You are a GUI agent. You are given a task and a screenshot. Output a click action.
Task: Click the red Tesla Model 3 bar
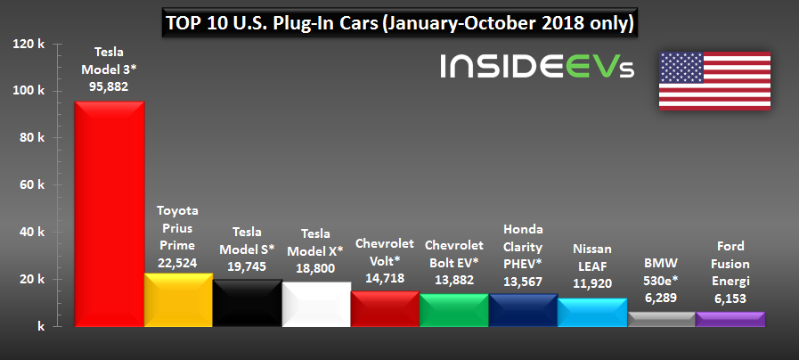(x=109, y=214)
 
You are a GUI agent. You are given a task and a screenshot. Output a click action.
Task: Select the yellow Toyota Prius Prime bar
(x=178, y=300)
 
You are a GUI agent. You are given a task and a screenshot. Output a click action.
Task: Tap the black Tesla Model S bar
(x=248, y=304)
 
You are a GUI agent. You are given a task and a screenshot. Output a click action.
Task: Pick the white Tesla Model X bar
(x=316, y=305)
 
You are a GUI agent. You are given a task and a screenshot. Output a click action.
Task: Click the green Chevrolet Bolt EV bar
(x=454, y=310)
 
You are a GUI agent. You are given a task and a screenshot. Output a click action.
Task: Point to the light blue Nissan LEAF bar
(x=591, y=313)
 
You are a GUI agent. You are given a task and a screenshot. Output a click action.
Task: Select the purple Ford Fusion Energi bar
(x=730, y=319)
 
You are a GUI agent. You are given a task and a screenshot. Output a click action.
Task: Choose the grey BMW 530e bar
(x=661, y=319)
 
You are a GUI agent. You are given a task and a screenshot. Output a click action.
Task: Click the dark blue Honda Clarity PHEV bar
(x=523, y=310)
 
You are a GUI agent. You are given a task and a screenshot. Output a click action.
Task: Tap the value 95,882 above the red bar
(x=109, y=86)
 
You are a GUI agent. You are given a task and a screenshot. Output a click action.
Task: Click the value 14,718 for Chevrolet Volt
(x=385, y=278)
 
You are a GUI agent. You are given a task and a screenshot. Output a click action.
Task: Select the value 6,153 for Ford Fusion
(x=730, y=299)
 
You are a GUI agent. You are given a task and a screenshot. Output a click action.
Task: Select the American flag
(x=713, y=80)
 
